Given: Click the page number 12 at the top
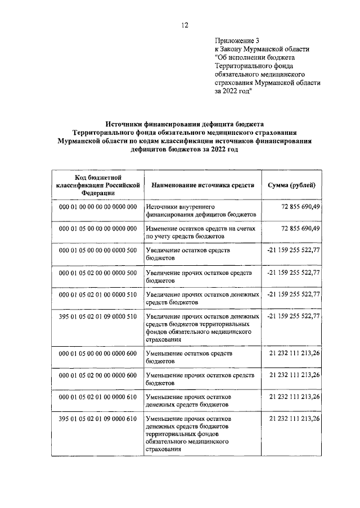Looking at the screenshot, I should (x=184, y=25).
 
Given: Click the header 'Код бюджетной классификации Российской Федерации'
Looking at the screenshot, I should (x=97, y=185).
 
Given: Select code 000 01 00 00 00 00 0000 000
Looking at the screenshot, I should (x=98, y=207).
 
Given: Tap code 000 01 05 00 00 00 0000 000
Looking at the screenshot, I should (x=98, y=229).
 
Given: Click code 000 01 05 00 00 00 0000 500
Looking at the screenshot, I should (x=98, y=250).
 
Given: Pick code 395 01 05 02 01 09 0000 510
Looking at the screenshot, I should (x=98, y=316).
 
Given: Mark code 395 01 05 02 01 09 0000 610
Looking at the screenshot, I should (x=98, y=419).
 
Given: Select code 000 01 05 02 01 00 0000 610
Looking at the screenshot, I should (x=98, y=397).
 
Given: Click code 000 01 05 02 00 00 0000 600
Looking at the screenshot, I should (x=98, y=375).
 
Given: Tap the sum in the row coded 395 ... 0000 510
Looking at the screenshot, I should (x=294, y=316).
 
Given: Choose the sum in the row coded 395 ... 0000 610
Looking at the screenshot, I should (x=295, y=419).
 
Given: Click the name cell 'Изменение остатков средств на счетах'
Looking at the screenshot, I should (x=201, y=233).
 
